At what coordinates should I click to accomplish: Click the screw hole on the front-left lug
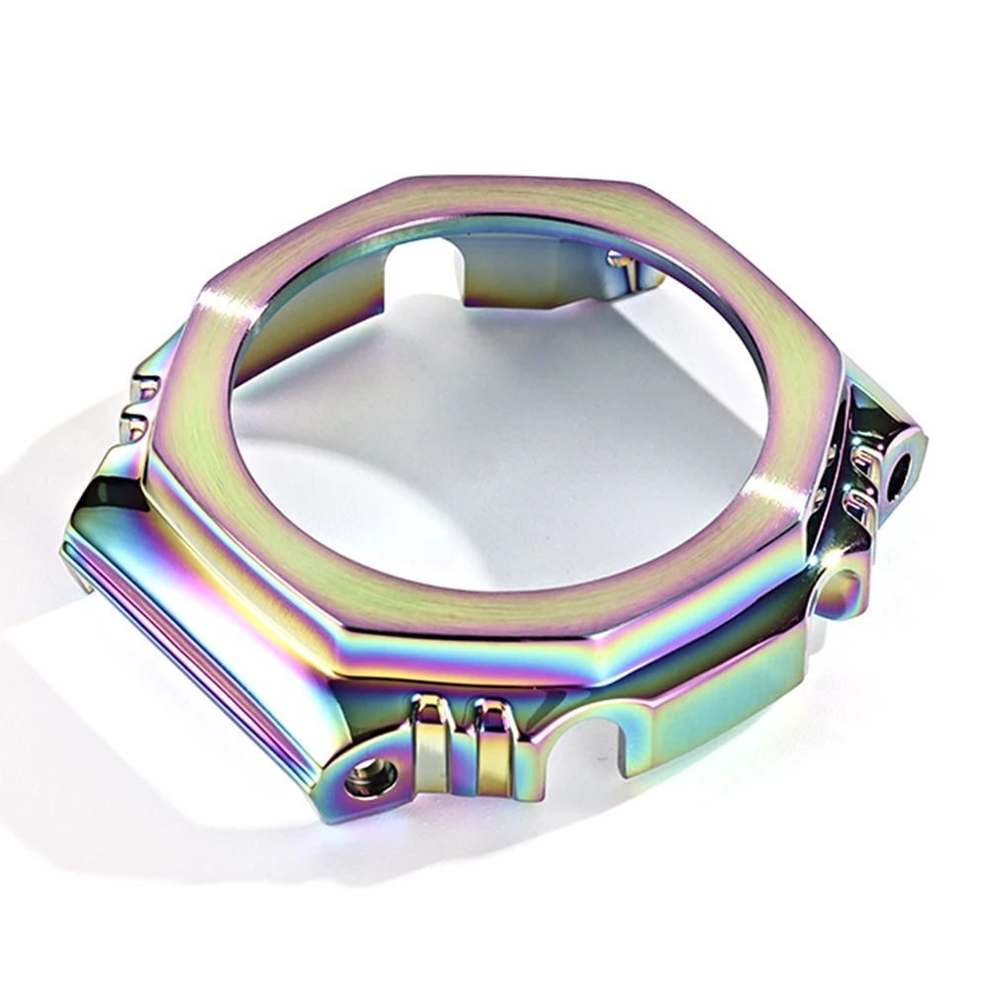click(371, 776)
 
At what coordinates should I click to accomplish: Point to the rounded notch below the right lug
click(838, 590)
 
